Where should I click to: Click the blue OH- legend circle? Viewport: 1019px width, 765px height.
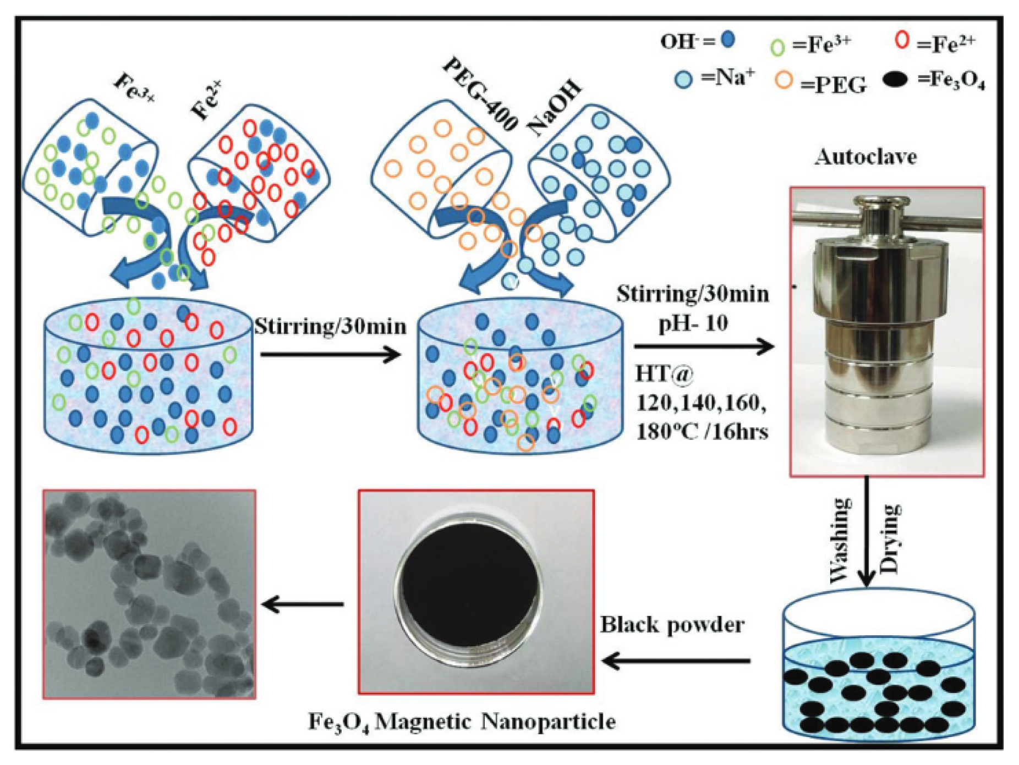[727, 39]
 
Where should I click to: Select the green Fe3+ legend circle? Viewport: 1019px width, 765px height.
[777, 47]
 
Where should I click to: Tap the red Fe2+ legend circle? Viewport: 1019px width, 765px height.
[902, 40]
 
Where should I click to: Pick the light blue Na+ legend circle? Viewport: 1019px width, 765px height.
[683, 80]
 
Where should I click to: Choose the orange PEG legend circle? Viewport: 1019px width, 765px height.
[784, 80]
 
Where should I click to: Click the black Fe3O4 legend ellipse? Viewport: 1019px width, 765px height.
[896, 80]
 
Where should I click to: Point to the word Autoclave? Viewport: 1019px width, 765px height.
[865, 157]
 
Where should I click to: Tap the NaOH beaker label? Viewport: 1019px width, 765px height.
[554, 107]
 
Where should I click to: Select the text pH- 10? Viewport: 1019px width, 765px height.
[693, 323]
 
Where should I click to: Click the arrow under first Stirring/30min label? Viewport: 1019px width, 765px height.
[330, 354]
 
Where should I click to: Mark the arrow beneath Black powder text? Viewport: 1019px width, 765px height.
[677, 661]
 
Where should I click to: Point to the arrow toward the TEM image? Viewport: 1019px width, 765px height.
[303, 604]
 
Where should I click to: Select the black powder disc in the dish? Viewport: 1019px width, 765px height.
[470, 592]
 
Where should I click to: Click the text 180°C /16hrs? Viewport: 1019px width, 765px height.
[702, 432]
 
